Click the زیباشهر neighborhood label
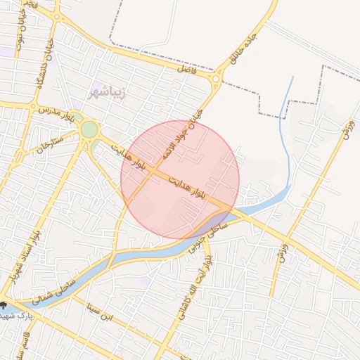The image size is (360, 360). coord(107,93)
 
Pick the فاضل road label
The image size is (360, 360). coord(188,70)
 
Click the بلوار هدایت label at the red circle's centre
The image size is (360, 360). coord(186,186)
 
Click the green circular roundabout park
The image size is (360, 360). coord(89,130)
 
